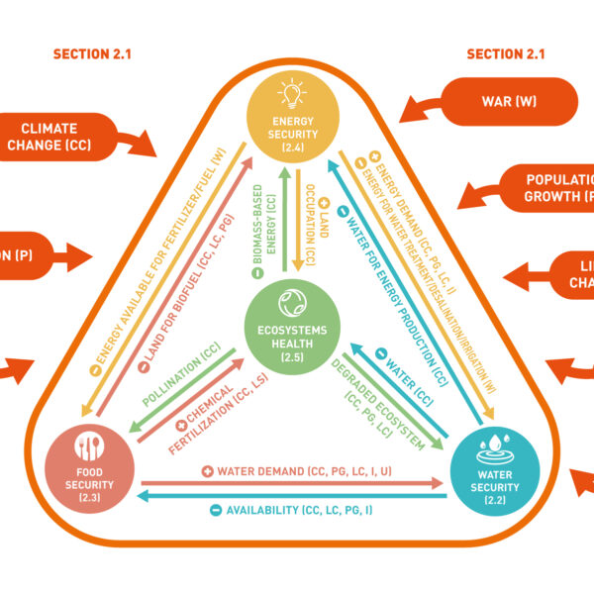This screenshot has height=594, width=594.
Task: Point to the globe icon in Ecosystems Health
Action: [291, 301]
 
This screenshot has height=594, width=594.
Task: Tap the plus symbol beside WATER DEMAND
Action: [208, 472]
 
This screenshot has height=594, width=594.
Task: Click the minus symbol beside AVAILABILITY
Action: [215, 510]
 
